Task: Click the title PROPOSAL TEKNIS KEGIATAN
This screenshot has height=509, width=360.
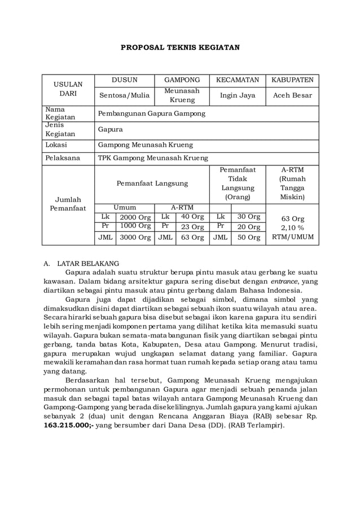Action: pos(180,47)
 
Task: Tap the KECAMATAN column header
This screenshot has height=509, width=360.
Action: pos(238,80)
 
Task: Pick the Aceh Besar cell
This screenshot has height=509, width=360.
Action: pos(292,95)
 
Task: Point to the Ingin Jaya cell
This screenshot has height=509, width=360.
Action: pos(238,95)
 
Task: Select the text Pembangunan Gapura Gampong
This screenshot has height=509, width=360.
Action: pos(152,113)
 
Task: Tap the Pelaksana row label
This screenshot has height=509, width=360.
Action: pos(63,158)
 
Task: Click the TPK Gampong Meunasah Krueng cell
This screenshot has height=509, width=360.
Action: pos(153,158)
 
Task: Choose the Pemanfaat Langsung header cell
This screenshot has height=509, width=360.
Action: pos(152,183)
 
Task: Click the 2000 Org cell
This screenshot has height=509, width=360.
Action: pos(135,217)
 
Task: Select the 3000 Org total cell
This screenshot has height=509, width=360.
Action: pos(135,238)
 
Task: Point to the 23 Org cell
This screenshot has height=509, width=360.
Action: pos(192,227)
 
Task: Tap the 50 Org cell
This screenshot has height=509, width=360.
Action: pos(248,238)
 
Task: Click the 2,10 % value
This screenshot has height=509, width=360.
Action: pos(292,227)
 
